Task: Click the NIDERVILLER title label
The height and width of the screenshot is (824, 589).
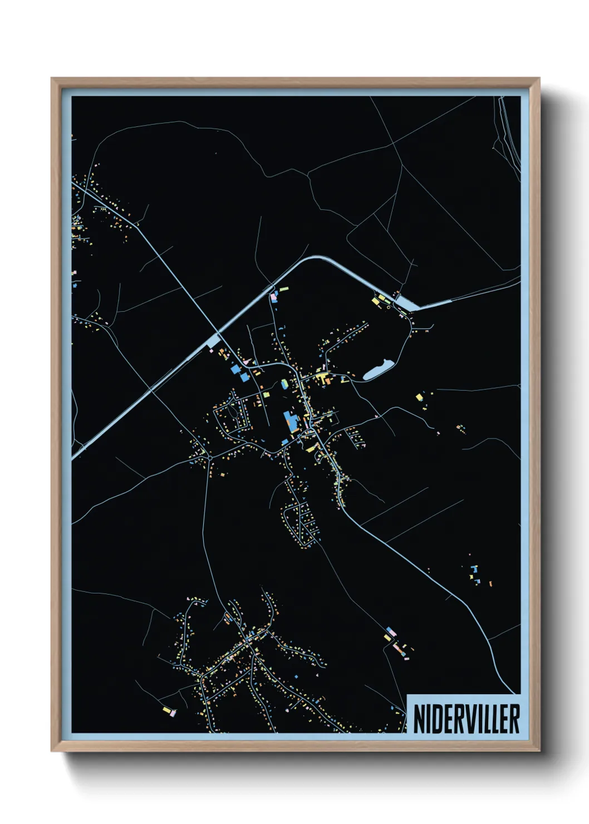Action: coord(466,718)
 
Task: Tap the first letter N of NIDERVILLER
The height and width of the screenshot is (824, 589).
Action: coord(419,719)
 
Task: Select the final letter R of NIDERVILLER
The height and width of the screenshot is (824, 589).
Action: coord(514,719)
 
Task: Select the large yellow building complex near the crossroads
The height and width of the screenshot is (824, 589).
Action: coord(321,379)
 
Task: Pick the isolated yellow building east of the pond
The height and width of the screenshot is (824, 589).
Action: coord(419,396)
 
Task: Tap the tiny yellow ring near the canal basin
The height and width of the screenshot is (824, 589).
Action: coord(388,307)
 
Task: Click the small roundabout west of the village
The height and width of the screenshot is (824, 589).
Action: coord(210,457)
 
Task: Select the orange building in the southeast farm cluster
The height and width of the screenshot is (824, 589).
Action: coord(490,583)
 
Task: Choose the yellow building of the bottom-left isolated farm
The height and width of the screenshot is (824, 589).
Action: coord(166,709)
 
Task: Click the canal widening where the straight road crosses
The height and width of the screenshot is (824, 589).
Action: coord(214,340)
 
